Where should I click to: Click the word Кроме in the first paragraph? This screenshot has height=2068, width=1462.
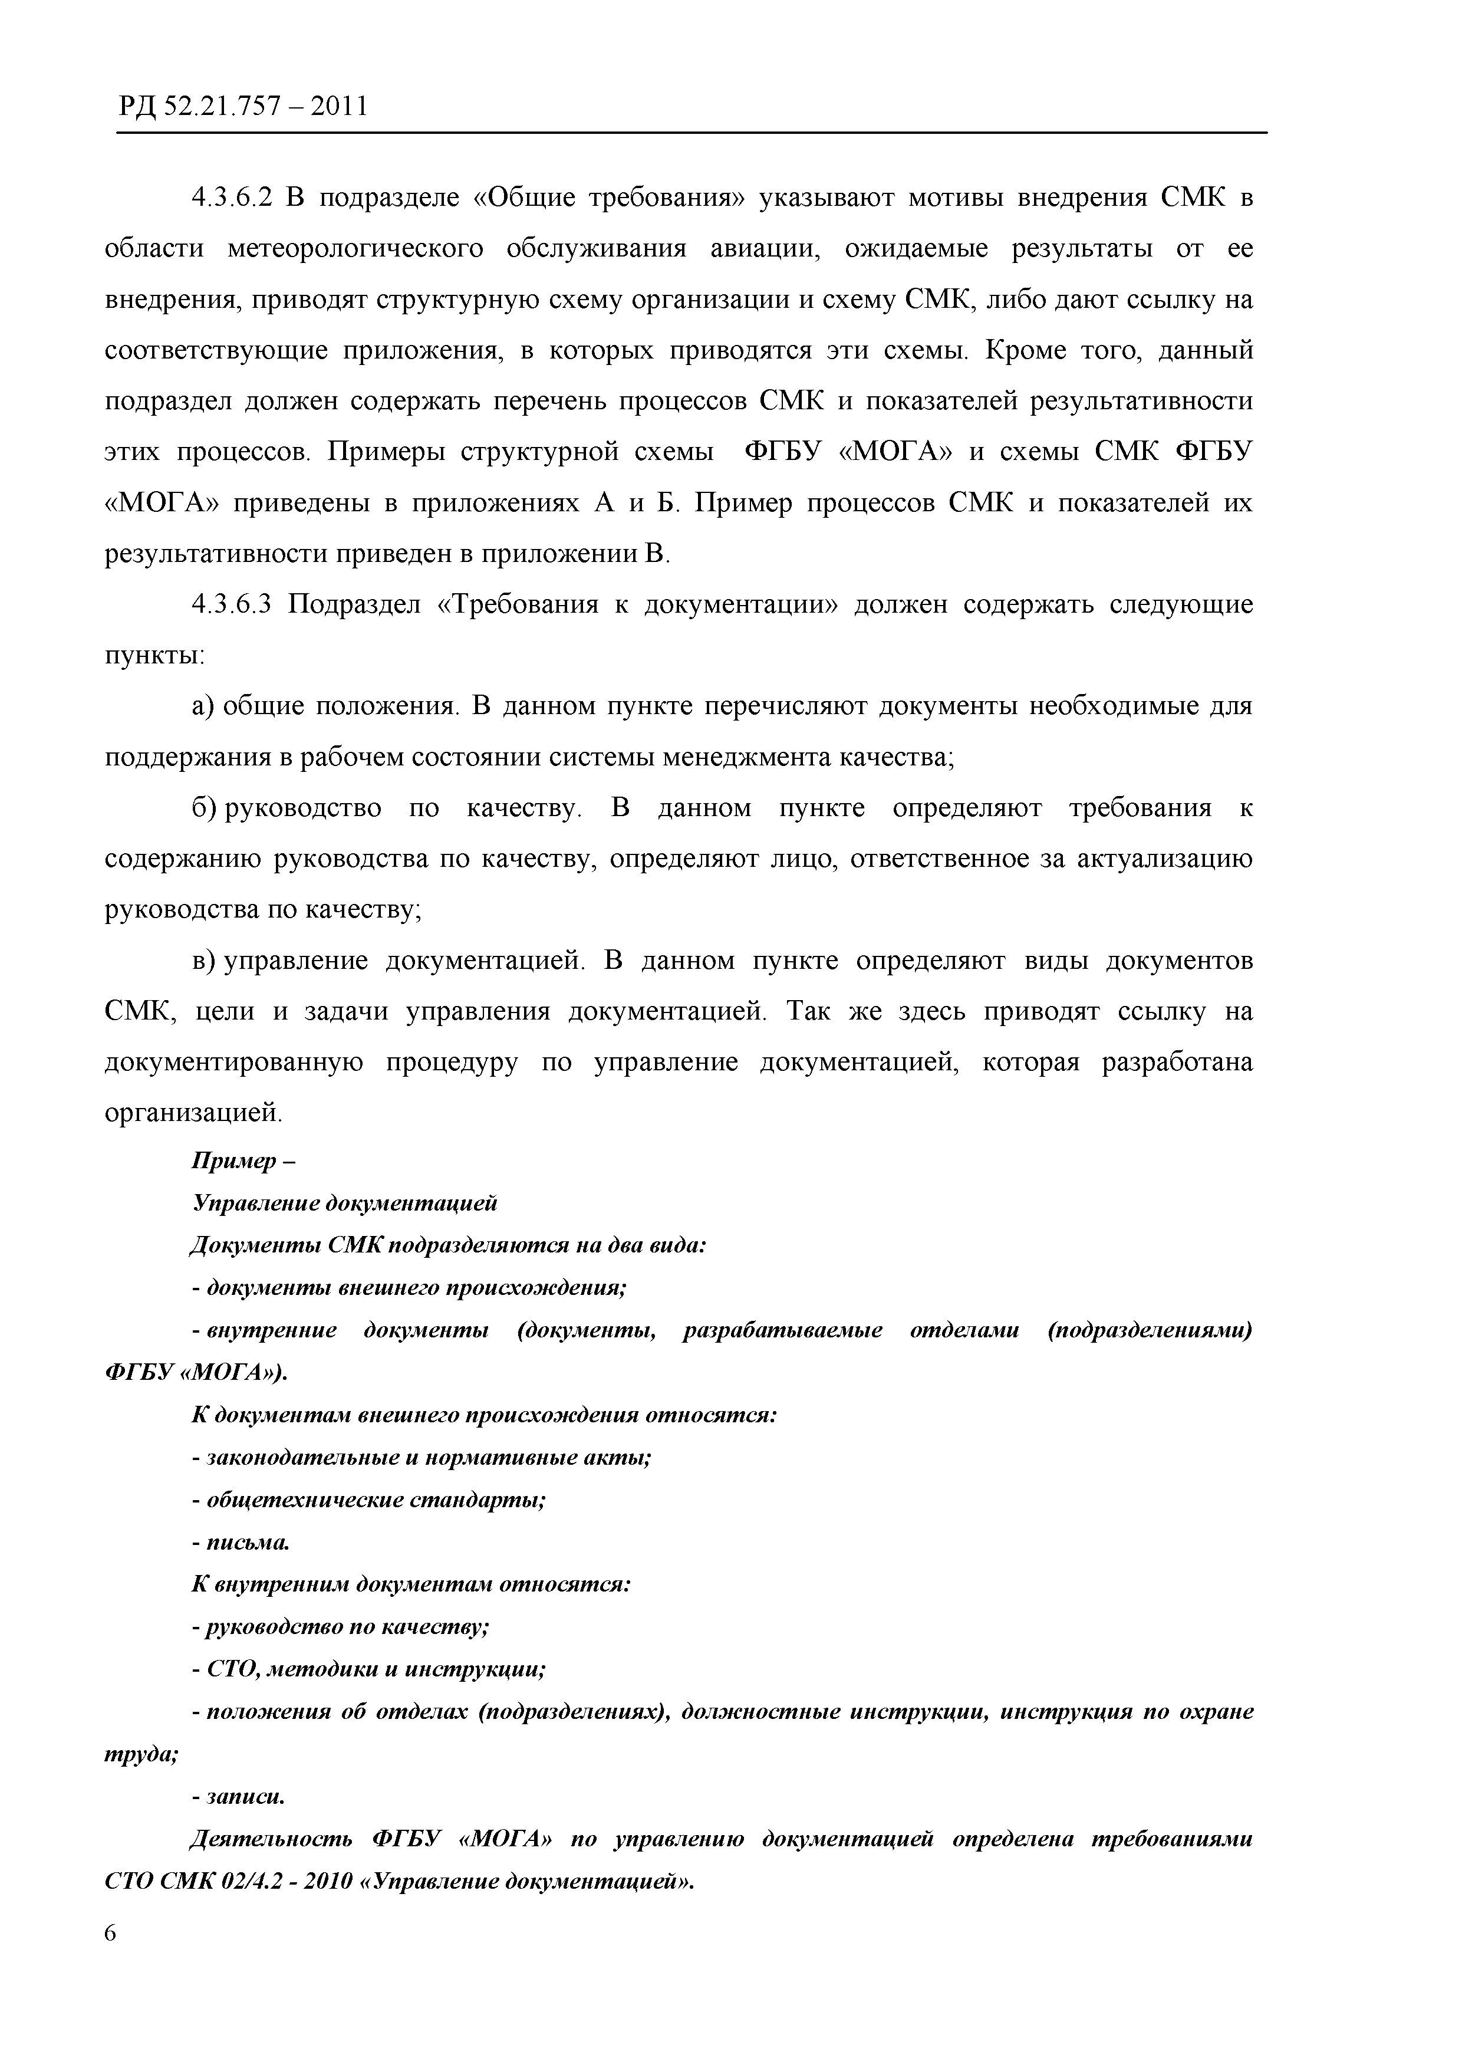click(1026, 350)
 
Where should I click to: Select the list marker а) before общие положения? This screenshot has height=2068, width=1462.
click(202, 706)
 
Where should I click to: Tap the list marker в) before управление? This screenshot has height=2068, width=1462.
click(202, 961)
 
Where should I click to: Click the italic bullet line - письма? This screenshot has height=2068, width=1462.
click(241, 1543)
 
